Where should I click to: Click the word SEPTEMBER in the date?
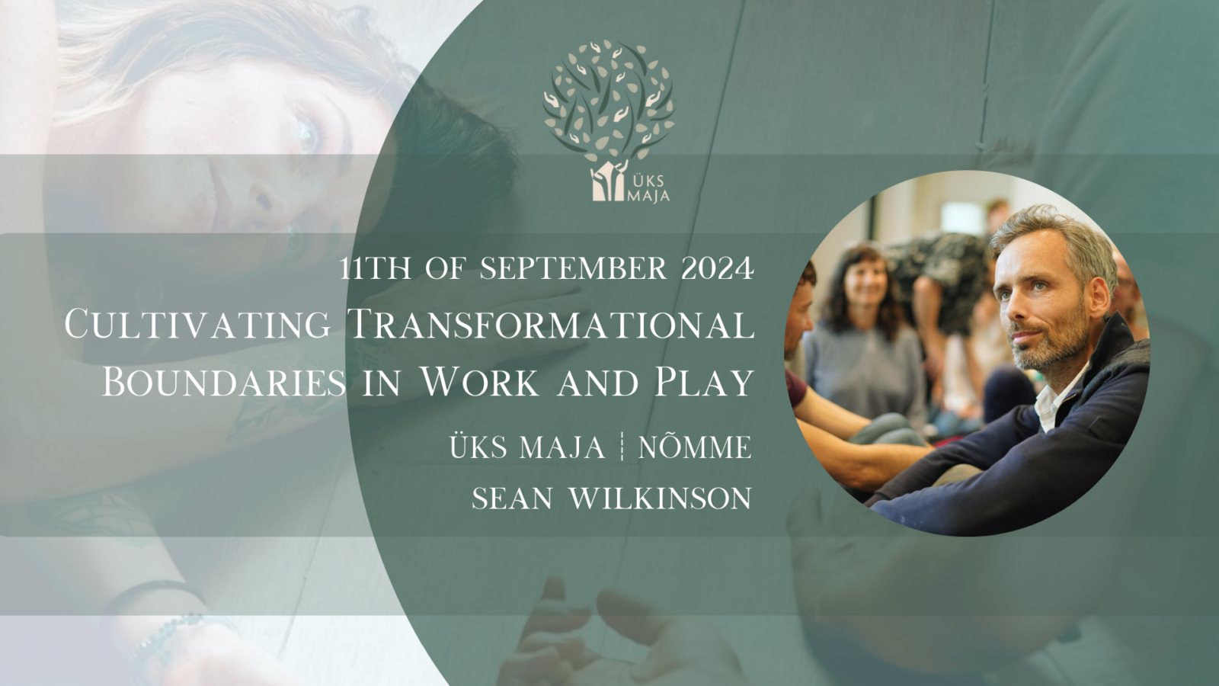click(x=574, y=268)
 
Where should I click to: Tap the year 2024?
click(x=718, y=268)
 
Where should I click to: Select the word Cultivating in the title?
click(x=197, y=325)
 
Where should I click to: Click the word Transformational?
click(x=551, y=325)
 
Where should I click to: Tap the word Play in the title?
click(x=704, y=383)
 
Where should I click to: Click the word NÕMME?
click(x=695, y=447)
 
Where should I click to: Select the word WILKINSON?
click(x=660, y=498)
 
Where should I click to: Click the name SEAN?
click(x=512, y=498)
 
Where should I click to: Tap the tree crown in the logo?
click(x=609, y=98)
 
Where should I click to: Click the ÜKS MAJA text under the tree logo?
click(x=648, y=188)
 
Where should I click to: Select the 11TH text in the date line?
click(x=375, y=268)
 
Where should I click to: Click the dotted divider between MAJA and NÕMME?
click(x=622, y=447)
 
